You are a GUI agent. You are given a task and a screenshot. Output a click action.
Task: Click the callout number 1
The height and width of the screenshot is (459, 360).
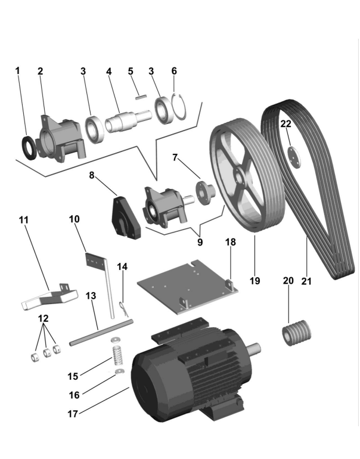17,71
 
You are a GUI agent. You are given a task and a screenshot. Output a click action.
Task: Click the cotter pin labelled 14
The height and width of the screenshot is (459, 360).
123,308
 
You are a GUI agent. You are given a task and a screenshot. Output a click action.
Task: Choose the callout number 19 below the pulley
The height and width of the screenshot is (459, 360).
255,280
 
